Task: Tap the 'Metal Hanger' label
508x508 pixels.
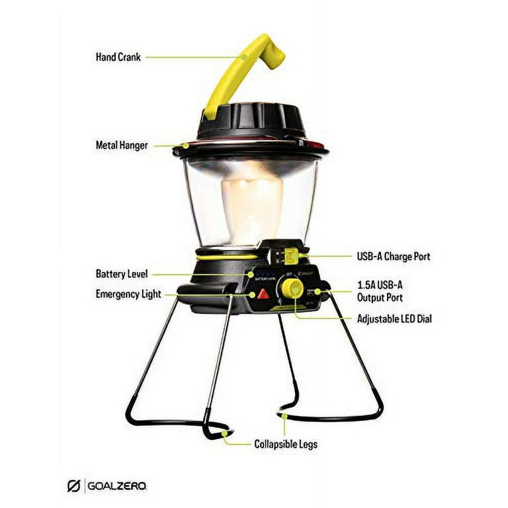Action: click(x=122, y=145)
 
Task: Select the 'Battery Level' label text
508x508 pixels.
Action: click(x=122, y=273)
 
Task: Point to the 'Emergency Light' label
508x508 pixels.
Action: click(x=128, y=294)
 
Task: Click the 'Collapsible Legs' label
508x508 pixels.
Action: click(x=286, y=444)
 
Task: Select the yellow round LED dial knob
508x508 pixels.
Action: click(x=292, y=288)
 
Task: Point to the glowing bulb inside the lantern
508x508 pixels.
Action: click(x=254, y=198)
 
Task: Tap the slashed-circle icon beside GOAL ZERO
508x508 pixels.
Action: click(x=74, y=486)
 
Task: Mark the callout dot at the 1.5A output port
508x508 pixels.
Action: click(x=319, y=291)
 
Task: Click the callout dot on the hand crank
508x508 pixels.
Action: click(x=245, y=57)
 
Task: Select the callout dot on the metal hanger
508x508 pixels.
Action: click(x=187, y=145)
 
